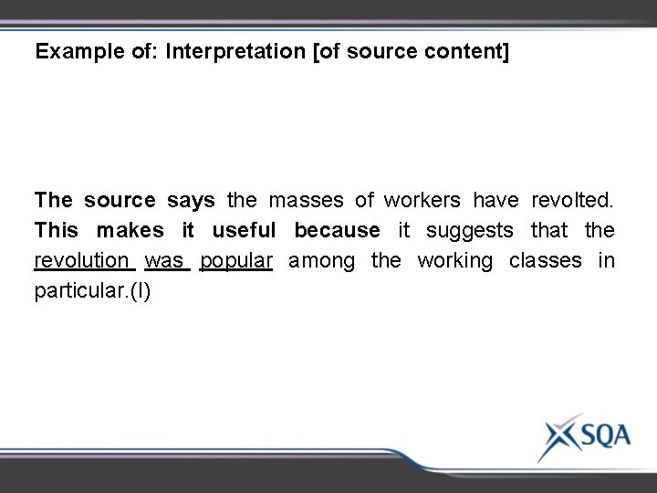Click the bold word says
191,198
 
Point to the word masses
308,198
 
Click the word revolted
575,198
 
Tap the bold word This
57,230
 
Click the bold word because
336,230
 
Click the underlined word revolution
82,262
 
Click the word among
323,262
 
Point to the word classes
546,262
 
